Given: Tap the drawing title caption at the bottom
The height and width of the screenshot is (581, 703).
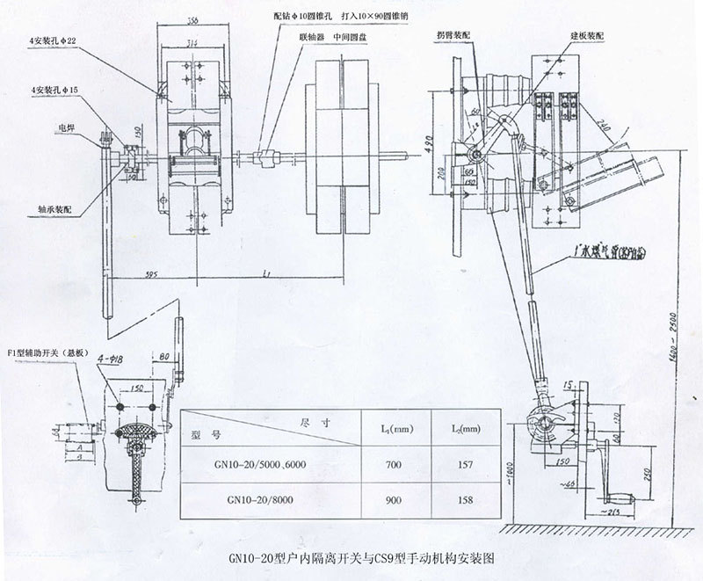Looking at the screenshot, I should click(x=349, y=556).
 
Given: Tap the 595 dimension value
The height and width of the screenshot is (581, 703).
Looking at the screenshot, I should click(x=151, y=275).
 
